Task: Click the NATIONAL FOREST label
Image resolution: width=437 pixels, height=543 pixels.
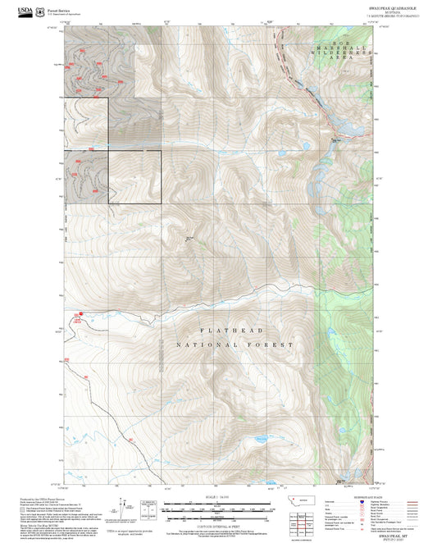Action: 234,345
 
